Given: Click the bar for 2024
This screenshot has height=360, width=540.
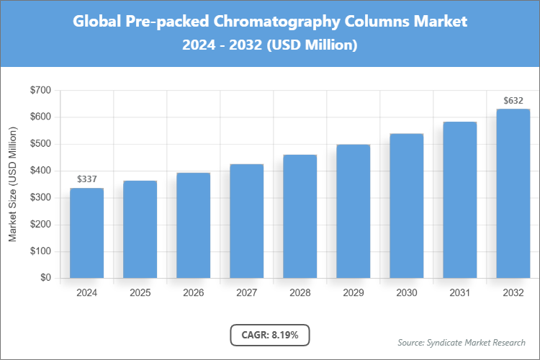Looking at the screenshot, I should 86,233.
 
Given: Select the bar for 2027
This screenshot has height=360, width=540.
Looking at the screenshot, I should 246,221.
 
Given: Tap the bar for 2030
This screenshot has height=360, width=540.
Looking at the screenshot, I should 406,206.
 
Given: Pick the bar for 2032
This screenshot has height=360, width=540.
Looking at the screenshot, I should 513,194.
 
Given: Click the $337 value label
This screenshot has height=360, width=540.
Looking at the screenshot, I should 86,179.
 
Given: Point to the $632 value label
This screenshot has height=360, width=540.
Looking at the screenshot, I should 513,99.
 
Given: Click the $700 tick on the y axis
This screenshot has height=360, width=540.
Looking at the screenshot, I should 40,90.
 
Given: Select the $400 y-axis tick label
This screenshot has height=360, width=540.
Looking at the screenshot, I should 40,171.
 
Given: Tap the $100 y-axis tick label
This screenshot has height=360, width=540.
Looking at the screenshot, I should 40,251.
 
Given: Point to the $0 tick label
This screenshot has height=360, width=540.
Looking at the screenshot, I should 45,278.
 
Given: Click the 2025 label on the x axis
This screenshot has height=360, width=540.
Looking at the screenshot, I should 140,293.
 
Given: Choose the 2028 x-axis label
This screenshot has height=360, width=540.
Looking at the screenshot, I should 300,293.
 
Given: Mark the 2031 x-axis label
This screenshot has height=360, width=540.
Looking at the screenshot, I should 459,293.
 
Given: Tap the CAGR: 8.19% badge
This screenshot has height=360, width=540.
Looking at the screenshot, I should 269,335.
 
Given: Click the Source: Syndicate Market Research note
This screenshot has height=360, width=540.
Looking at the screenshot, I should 462,342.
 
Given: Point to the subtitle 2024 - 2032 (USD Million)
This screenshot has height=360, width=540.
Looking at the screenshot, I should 270,45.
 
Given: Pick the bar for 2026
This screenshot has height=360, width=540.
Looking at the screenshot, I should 193,225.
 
